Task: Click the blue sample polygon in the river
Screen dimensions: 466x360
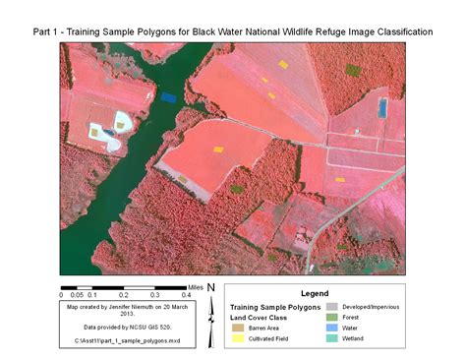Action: click(169, 97)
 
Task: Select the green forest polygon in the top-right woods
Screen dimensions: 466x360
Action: click(353, 70)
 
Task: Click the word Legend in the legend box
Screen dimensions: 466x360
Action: click(315, 293)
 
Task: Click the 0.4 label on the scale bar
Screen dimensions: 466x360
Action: click(185, 294)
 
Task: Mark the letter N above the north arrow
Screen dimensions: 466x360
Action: click(210, 286)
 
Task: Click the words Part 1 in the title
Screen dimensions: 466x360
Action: click(45, 32)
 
